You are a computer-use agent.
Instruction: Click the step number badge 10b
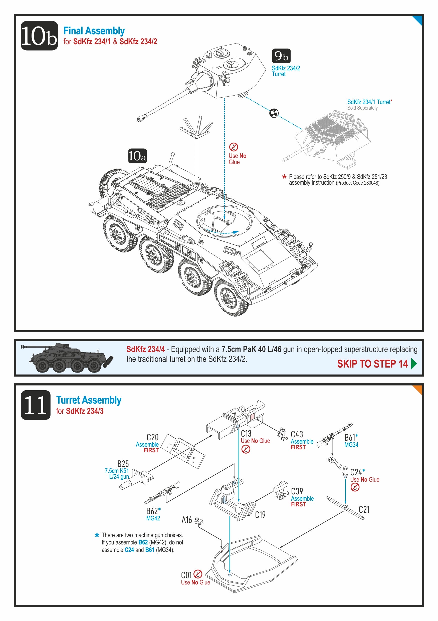[x=39, y=36]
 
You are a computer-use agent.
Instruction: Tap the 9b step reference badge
[x=281, y=56]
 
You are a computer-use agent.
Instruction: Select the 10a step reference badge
[x=137, y=156]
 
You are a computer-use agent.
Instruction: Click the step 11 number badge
[x=36, y=405]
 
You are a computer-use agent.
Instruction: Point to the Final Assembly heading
[x=94, y=31]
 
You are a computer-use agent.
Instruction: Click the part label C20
[x=152, y=437]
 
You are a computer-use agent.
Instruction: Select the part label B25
[x=123, y=464]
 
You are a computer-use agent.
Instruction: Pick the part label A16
[x=186, y=520]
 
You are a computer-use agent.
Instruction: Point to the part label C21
[x=364, y=510]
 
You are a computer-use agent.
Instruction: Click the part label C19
[x=260, y=514]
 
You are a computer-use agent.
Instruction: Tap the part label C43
[x=297, y=434]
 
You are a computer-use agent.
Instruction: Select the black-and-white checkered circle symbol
[x=274, y=113]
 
